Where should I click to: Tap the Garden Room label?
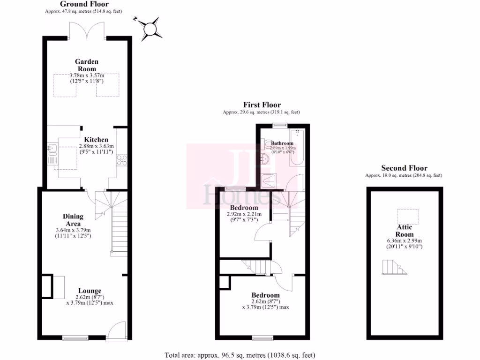click(87, 65)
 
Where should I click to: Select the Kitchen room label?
click(96, 140)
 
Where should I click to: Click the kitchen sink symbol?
click(52, 150)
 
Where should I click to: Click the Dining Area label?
click(73, 220)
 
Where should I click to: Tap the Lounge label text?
click(90, 291)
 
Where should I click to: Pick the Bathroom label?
click(282, 143)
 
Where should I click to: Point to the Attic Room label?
click(404, 231)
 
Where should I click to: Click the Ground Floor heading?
click(84, 4)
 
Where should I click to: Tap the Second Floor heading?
click(404, 168)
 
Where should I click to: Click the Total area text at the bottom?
click(243, 355)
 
